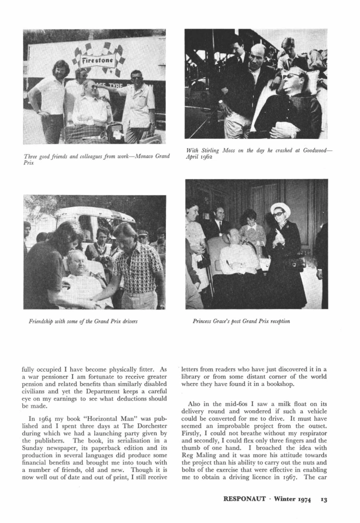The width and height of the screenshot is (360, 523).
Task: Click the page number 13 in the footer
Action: click(x=324, y=500)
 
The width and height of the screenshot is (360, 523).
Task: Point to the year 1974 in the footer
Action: click(x=302, y=500)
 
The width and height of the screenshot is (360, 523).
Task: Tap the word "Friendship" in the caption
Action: click(x=42, y=322)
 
